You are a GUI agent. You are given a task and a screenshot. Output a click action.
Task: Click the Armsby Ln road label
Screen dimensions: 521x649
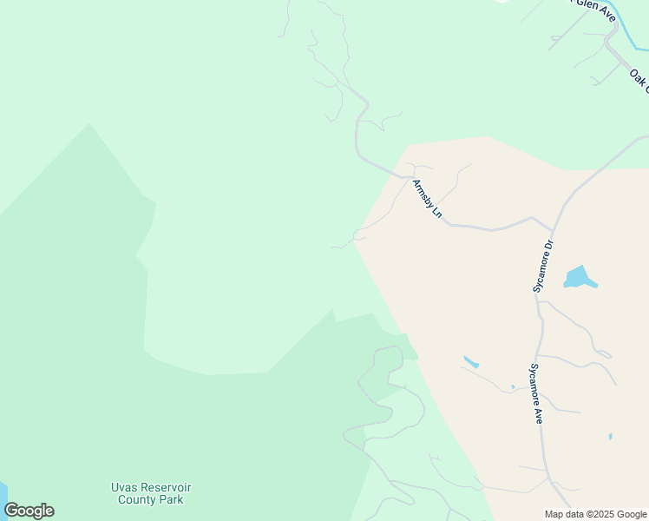click(x=427, y=199)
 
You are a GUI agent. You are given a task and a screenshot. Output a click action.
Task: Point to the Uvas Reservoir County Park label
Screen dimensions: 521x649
click(x=151, y=493)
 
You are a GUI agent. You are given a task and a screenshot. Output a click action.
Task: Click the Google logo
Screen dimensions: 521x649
click(x=29, y=511)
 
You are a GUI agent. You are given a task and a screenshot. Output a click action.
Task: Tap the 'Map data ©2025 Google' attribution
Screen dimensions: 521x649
click(x=595, y=514)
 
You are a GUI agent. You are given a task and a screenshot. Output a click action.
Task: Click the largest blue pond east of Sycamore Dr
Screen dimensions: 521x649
click(x=579, y=278)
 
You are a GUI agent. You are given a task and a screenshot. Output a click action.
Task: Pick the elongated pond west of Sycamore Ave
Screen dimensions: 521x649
click(x=471, y=361)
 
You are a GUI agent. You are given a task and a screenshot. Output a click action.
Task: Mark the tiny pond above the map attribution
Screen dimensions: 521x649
click(x=611, y=436)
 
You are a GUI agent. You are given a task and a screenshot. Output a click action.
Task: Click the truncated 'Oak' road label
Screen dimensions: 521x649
click(x=639, y=79)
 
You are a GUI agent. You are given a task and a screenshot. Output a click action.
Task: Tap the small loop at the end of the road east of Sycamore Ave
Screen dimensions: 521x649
click(x=606, y=354)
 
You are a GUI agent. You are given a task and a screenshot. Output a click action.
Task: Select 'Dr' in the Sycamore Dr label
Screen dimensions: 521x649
click(x=547, y=247)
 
